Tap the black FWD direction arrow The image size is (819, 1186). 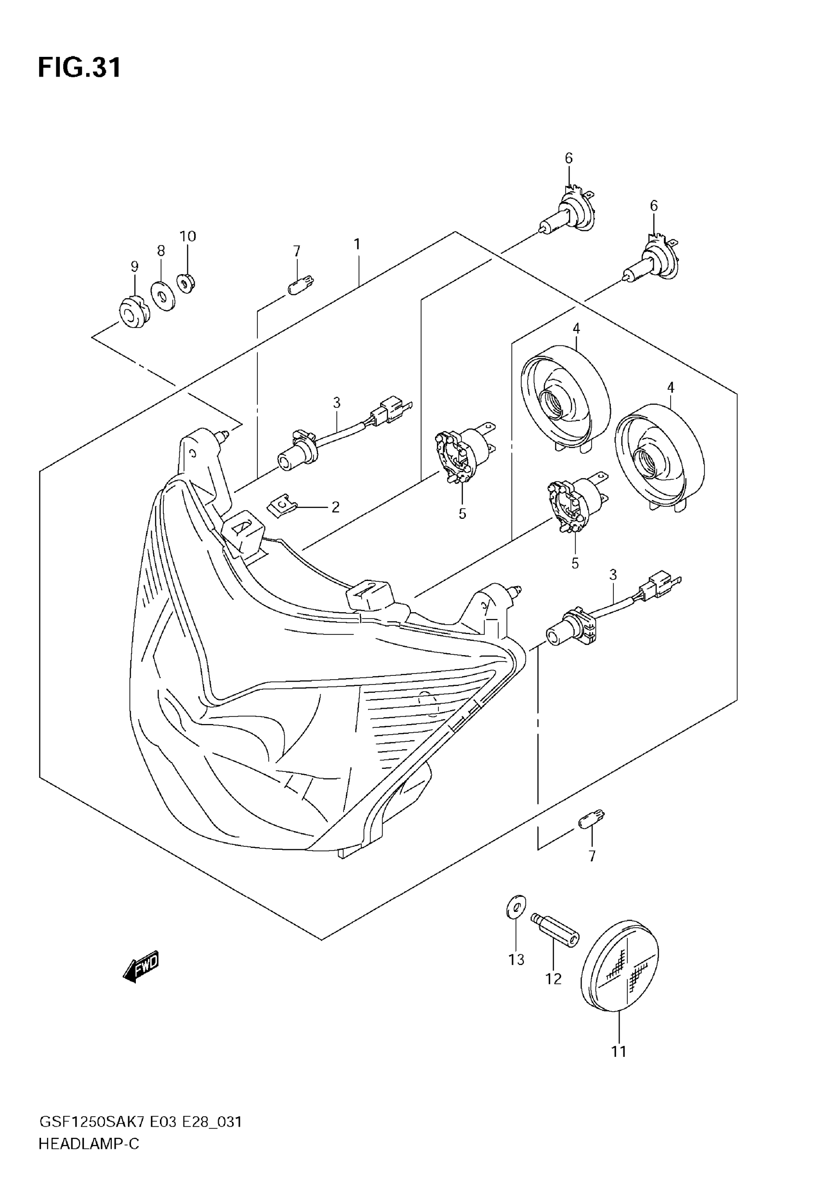coord(141,968)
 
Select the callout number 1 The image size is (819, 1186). coord(357,244)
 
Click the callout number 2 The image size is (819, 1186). coord(336,507)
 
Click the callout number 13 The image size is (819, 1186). coord(516,959)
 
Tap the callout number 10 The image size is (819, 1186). coord(188,237)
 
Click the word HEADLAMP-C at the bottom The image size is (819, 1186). coord(89,1145)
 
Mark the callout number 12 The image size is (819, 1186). coord(553,979)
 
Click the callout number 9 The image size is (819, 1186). coord(134,266)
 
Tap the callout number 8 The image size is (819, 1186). coord(161,251)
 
